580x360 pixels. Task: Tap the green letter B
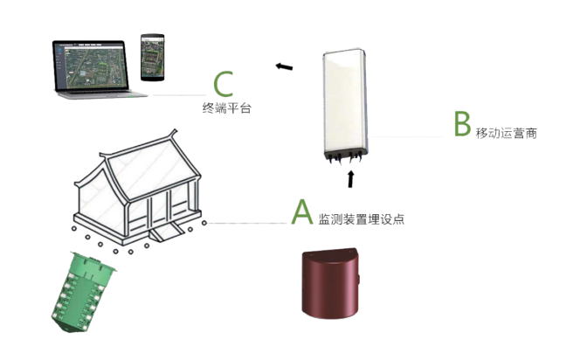(x=462, y=125)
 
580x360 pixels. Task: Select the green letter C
(x=224, y=85)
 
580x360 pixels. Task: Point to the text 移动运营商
(x=506, y=134)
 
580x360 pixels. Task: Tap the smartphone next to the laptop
(x=153, y=56)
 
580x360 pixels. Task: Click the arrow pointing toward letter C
(x=283, y=66)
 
